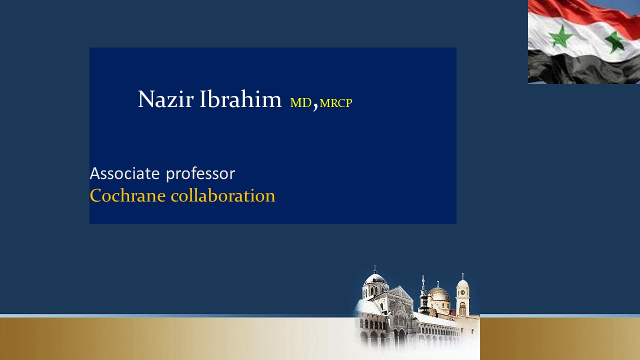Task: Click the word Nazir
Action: pos(165,99)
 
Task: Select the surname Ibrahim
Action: pos(240,99)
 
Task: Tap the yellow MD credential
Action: pos(300,102)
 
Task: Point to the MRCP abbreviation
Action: pos(336,103)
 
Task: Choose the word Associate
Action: pos(125,173)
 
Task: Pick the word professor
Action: pos(200,174)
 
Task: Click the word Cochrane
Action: pos(127,195)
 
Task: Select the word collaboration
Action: pos(223,195)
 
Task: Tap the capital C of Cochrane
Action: pos(95,195)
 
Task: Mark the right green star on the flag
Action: pos(614,42)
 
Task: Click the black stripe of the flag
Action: pos(583,68)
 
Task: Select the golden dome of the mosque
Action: pos(439,294)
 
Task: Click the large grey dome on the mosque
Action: pos(375,278)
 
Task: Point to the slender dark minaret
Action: pos(423,295)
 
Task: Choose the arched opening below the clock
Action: pos(462,309)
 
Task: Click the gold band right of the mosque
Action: pos(560,339)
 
